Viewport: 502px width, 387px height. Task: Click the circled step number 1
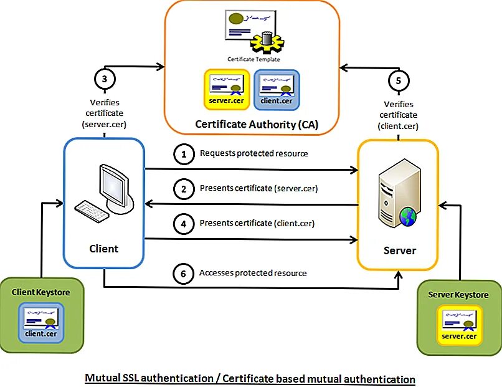pyautogui.click(x=183, y=155)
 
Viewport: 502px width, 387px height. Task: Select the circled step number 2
pyautogui.click(x=183, y=189)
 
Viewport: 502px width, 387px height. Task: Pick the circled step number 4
pyautogui.click(x=183, y=224)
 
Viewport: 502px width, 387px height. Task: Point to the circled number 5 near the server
pyautogui.click(x=399, y=80)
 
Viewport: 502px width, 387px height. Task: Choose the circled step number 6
pyautogui.click(x=183, y=274)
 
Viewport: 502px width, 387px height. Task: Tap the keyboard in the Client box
pyautogui.click(x=92, y=211)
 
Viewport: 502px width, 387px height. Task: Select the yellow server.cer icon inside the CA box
pyautogui.click(x=227, y=87)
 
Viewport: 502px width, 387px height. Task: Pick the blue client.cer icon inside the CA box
pyautogui.click(x=277, y=87)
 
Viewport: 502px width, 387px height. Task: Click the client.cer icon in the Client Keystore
pyautogui.click(x=41, y=322)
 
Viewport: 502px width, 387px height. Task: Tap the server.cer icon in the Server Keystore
pyautogui.click(x=459, y=324)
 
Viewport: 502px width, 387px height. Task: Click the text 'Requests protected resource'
pyautogui.click(x=253, y=153)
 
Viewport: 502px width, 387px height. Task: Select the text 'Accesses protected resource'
pyautogui.click(x=253, y=273)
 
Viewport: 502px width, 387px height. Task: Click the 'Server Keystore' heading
pyautogui.click(x=458, y=295)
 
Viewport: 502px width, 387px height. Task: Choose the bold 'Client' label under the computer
pyautogui.click(x=103, y=248)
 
